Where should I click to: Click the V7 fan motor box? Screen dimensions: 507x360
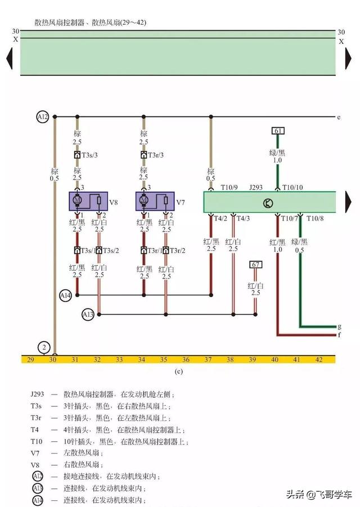click(155, 200)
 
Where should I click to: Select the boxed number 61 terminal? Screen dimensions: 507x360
click(277, 131)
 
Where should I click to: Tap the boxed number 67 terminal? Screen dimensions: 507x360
click(256, 264)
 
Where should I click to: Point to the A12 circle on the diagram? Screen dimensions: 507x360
click(43, 117)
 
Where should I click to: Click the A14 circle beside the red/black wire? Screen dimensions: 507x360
click(66, 294)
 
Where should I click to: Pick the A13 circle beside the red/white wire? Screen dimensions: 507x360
click(88, 314)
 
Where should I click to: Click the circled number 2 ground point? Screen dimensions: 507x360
click(43, 347)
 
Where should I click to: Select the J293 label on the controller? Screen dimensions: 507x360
click(256, 187)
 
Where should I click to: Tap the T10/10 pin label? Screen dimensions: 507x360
click(292, 187)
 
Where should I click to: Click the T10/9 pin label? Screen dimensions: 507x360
click(229, 187)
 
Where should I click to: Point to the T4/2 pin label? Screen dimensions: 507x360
click(220, 218)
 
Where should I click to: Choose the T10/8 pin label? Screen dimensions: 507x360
click(313, 218)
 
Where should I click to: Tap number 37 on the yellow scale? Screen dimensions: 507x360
click(208, 359)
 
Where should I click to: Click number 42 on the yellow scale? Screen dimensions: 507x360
click(319, 359)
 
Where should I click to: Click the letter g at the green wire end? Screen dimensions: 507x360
click(339, 326)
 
